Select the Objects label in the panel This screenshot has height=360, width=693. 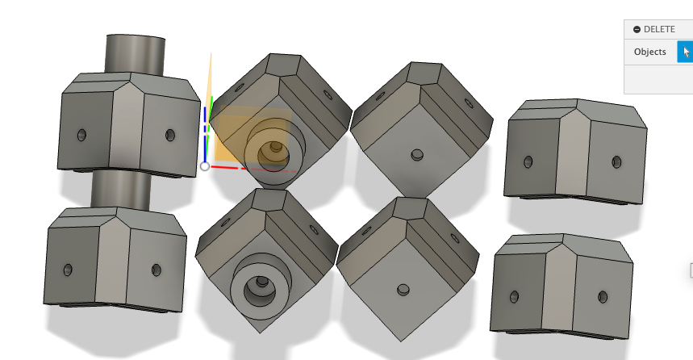(649, 52)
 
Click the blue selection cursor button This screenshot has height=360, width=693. (685, 52)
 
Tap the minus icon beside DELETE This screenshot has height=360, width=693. (637, 29)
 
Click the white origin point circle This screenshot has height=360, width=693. (205, 166)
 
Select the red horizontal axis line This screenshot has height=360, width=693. (230, 169)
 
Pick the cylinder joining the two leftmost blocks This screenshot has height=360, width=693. (121, 190)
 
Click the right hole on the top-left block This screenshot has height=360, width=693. (169, 135)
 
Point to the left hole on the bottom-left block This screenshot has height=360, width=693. (68, 269)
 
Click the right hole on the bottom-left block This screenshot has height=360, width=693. (156, 270)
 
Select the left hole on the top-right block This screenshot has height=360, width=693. (528, 162)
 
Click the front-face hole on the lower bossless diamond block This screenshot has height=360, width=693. (402, 289)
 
